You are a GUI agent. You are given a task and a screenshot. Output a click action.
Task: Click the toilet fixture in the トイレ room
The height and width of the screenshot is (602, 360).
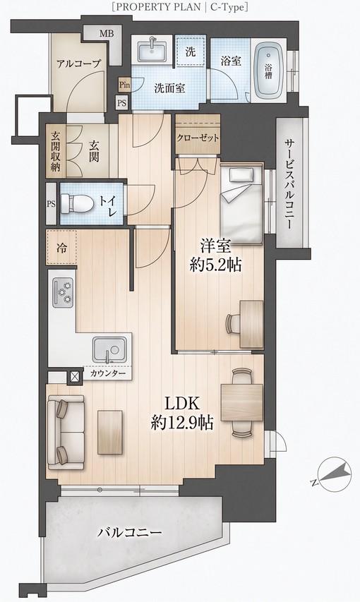[x=76, y=203]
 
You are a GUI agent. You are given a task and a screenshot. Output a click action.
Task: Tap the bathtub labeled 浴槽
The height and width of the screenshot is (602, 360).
[x=270, y=71]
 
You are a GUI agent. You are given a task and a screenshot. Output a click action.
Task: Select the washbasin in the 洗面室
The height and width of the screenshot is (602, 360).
[x=152, y=50]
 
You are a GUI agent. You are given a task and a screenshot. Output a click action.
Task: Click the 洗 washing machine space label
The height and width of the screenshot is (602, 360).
[x=191, y=52]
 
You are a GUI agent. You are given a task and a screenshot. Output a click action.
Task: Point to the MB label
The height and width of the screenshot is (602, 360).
[x=107, y=33]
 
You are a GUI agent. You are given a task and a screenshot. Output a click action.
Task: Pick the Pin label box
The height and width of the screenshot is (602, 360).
[x=124, y=85]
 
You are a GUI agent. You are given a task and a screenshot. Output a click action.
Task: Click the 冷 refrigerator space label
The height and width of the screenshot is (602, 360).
[x=61, y=248]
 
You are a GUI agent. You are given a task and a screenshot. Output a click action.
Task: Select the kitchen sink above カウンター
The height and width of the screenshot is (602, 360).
[x=109, y=350]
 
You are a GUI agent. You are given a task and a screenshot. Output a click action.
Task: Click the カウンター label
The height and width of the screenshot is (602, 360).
[x=108, y=373]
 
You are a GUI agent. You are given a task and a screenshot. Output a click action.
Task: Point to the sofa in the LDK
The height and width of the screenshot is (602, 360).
[x=66, y=433]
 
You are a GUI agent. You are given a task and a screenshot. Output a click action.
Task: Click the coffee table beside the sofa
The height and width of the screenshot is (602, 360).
[x=110, y=432]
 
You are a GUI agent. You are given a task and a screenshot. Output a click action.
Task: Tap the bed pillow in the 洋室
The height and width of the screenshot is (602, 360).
[x=241, y=176]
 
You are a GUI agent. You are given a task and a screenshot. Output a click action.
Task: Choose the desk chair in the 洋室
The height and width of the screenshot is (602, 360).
[x=233, y=323]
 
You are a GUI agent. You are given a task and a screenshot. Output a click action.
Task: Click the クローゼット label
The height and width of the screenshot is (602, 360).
[x=198, y=138]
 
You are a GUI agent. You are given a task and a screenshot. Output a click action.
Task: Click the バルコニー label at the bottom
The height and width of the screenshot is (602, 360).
[x=129, y=533]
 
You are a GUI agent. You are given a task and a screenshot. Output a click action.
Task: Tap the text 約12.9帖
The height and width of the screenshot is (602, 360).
[x=182, y=423]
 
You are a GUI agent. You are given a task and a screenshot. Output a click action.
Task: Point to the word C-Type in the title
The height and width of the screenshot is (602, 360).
[x=227, y=7]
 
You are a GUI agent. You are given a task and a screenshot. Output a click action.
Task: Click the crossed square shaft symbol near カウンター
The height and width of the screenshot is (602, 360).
[x=75, y=377]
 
